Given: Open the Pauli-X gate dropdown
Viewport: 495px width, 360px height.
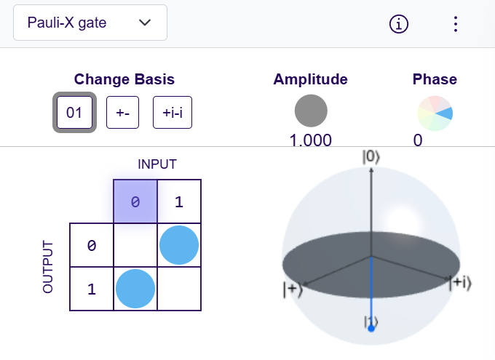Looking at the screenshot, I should coord(90,23).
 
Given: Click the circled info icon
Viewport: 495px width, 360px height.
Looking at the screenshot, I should coord(399,23).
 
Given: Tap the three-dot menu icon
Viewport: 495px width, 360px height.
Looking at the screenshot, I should coord(456,23).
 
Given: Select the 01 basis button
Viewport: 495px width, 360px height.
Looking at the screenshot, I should coord(74,113).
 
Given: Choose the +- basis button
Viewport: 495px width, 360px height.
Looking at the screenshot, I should coord(122,113).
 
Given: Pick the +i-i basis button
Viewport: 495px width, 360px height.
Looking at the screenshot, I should coord(173,113).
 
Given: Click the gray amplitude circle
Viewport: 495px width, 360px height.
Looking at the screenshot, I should coord(311,111).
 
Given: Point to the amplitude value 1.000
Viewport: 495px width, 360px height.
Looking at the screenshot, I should coord(311,140).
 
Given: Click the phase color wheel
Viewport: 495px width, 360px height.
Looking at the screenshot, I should coord(435,113).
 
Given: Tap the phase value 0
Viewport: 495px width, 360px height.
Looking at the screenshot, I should coord(418,140).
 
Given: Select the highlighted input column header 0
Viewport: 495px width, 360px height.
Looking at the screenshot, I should coord(135,201).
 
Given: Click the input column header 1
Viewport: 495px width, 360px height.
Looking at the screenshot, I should coord(179,201).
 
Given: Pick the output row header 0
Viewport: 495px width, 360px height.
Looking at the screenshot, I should coord(91,245).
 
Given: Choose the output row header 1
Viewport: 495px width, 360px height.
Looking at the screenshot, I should coord(91,289).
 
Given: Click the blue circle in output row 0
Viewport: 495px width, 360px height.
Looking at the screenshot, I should coord(179,245).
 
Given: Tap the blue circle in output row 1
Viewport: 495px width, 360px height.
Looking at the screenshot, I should coord(135,289).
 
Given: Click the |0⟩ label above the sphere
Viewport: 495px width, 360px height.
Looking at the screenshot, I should coord(371,156).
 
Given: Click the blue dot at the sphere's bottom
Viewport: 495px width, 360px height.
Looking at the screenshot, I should coord(371,329).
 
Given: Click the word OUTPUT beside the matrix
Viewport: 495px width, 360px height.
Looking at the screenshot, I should coord(49,266).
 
